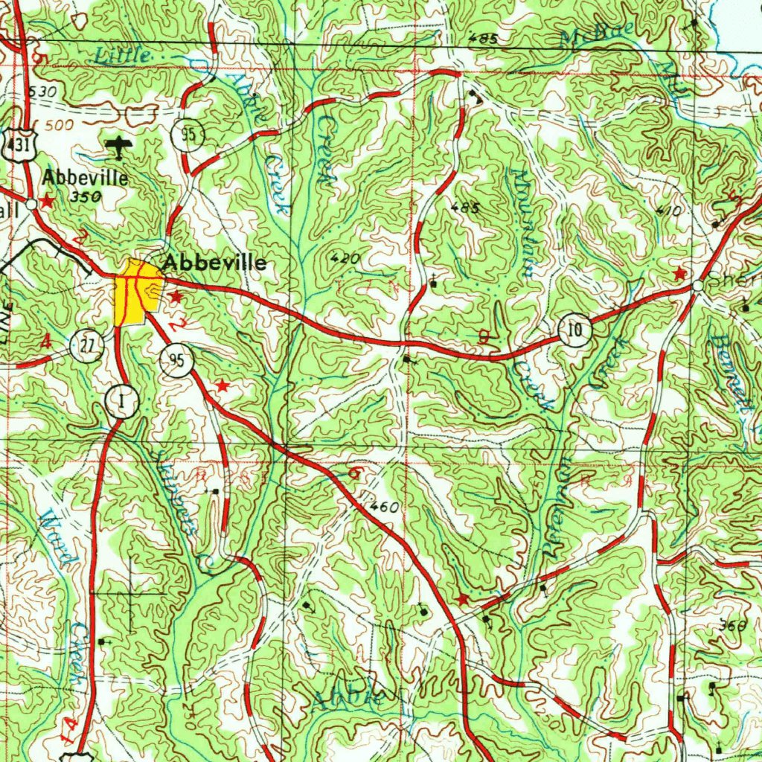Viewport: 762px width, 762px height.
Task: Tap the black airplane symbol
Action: point(118,147)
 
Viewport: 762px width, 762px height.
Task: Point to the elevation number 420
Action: point(344,259)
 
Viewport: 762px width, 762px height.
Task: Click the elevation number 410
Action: point(668,211)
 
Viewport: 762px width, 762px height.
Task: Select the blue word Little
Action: point(123,54)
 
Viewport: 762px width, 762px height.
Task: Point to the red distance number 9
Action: point(484,339)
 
